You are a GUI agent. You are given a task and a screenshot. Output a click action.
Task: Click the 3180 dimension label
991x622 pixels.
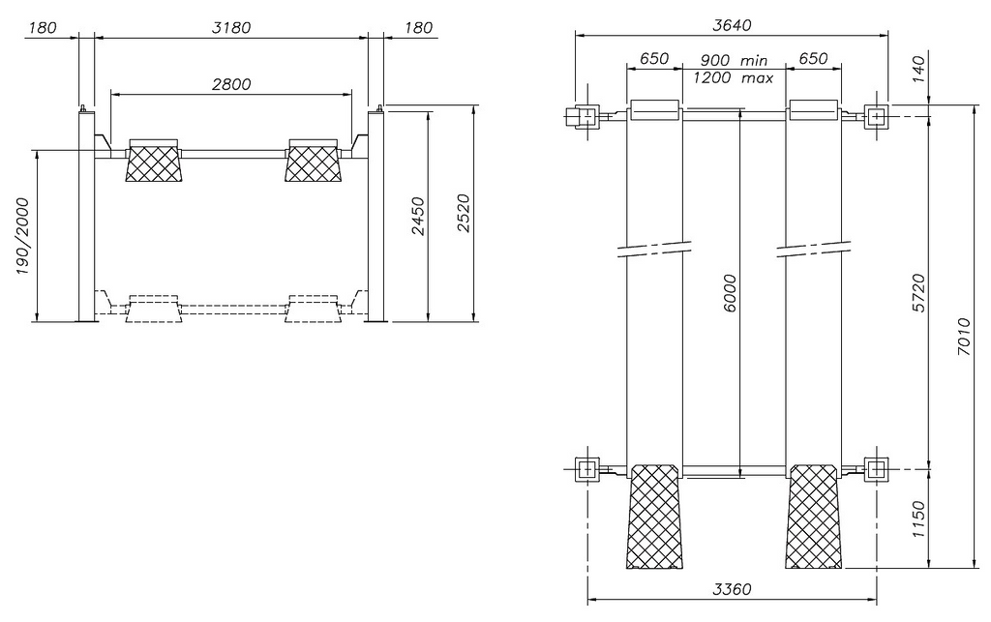pyautogui.click(x=231, y=28)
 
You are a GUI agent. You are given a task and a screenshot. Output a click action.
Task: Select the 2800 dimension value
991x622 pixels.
pyautogui.click(x=231, y=84)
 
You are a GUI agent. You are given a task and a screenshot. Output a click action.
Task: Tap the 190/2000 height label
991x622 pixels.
pyautogui.click(x=23, y=236)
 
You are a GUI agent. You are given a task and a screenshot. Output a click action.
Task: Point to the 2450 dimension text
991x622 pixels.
pyautogui.click(x=418, y=217)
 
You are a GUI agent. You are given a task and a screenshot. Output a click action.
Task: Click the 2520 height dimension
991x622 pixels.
pyautogui.click(x=464, y=214)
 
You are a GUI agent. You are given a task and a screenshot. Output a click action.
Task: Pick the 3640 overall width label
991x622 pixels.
pyautogui.click(x=732, y=25)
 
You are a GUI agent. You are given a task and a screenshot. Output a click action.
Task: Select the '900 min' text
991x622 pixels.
pyautogui.click(x=734, y=61)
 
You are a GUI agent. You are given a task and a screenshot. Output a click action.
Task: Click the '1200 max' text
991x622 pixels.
pyautogui.click(x=734, y=78)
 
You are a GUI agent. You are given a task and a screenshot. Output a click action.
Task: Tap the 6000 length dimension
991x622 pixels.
pyautogui.click(x=730, y=294)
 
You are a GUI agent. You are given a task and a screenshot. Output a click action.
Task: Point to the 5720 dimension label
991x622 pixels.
pyautogui.click(x=919, y=292)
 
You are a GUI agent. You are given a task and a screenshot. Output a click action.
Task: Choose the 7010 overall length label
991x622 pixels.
pyautogui.click(x=964, y=337)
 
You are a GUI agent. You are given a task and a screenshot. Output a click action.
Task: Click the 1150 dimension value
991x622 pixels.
pyautogui.click(x=919, y=519)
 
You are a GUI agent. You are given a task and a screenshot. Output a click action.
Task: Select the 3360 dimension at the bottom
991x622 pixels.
pyautogui.click(x=732, y=589)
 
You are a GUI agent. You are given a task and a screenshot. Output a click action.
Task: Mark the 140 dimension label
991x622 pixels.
pyautogui.click(x=919, y=69)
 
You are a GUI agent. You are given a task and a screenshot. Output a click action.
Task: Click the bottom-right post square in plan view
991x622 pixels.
pyautogui.click(x=876, y=470)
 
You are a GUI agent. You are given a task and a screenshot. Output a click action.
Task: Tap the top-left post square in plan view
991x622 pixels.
pyautogui.click(x=586, y=116)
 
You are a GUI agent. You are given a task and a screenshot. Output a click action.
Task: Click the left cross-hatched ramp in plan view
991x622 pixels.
pyautogui.click(x=654, y=517)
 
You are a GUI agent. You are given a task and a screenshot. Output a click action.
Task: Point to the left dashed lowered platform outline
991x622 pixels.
pyautogui.click(x=154, y=309)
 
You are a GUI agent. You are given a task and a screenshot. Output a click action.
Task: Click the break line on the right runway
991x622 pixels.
pyautogui.click(x=813, y=249)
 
